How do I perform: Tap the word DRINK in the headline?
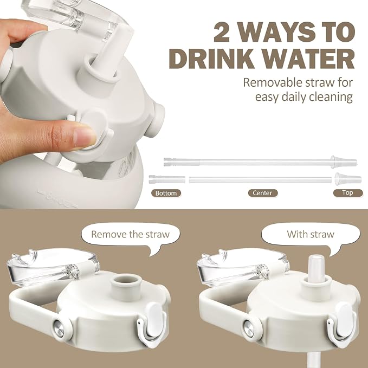point(211,58)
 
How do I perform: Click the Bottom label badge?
point(166,193)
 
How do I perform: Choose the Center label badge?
point(263,193)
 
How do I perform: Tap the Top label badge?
point(348,193)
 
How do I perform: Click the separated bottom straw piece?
point(167,179)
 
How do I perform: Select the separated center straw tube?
point(260,180)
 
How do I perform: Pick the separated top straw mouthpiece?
point(348,179)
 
